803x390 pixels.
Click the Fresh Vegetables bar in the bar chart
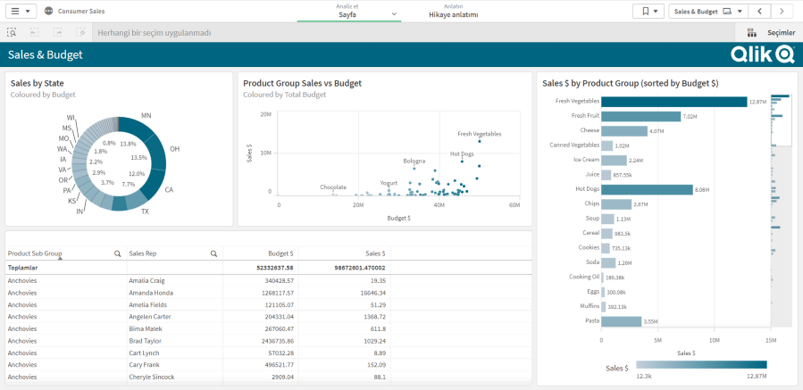point(673,102)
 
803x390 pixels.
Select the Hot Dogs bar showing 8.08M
point(647,189)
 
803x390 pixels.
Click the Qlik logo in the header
point(762,54)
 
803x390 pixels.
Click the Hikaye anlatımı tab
point(453,15)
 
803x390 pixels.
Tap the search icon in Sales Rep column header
point(213,253)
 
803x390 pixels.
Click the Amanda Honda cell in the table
point(150,292)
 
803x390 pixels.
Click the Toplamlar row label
point(23,267)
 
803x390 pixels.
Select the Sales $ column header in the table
point(369,253)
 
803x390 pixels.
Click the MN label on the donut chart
point(146,116)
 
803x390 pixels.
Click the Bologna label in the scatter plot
point(414,162)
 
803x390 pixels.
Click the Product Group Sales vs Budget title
point(302,83)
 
